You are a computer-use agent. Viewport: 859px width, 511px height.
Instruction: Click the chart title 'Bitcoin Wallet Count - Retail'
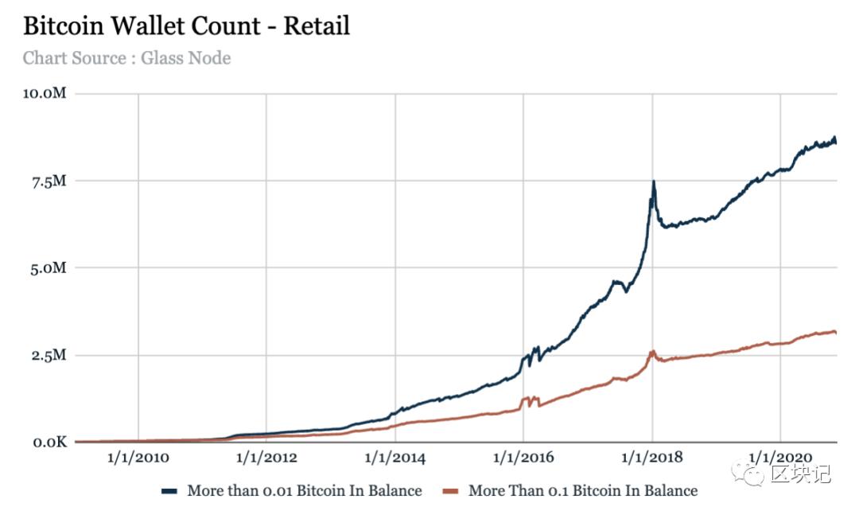[186, 26]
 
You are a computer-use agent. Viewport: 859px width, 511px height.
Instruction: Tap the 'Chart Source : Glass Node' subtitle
[126, 58]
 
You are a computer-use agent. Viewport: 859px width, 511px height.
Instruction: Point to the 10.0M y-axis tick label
[45, 94]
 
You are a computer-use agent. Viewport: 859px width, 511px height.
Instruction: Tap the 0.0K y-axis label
[48, 442]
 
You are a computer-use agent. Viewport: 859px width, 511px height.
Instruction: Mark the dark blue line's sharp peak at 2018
[653, 182]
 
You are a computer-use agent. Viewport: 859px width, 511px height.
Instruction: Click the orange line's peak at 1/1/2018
[653, 351]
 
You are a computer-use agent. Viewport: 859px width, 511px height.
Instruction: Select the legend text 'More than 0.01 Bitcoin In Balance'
[305, 490]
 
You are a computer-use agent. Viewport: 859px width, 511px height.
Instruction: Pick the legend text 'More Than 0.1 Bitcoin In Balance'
[583, 490]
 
